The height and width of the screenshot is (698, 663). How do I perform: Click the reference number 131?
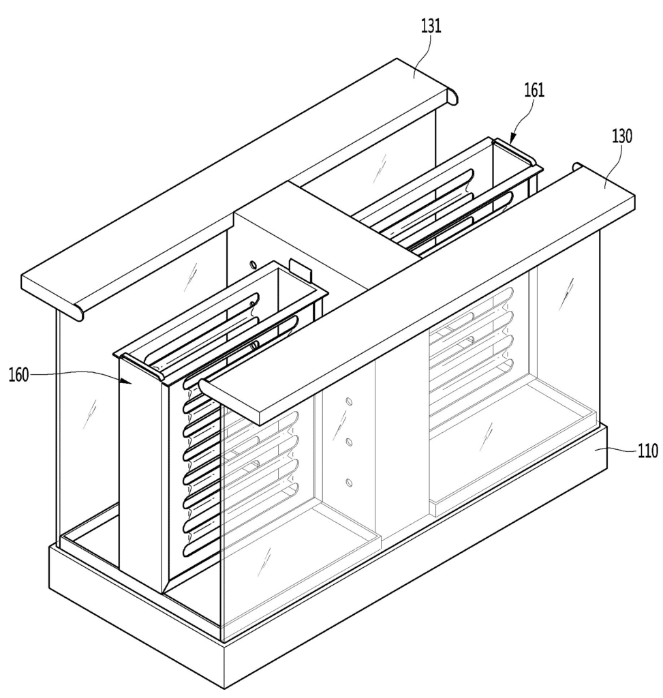point(431,27)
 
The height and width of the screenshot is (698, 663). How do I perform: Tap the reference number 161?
point(534,91)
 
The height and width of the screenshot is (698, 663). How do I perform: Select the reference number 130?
point(621,136)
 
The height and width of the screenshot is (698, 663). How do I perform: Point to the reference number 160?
point(18,375)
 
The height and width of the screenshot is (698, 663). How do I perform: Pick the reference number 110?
point(648,451)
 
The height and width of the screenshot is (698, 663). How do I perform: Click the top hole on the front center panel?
point(349,402)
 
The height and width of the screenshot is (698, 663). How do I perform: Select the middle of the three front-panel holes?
point(349,442)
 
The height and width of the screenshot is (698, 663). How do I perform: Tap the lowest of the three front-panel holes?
point(349,483)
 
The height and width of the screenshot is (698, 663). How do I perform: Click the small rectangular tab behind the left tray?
point(300,269)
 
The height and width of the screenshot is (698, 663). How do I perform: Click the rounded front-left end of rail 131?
point(76,311)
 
